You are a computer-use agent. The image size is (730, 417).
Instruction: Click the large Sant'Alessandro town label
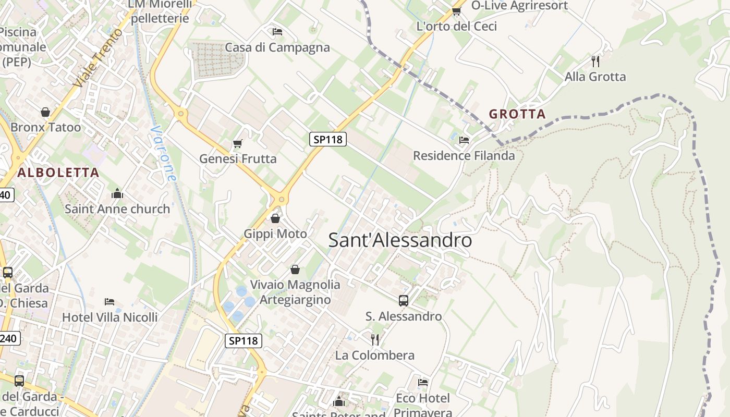(400, 240)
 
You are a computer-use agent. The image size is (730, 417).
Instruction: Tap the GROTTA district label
(517, 114)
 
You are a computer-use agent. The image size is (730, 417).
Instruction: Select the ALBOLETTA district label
(58, 173)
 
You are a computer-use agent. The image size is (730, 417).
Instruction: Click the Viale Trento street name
(98, 57)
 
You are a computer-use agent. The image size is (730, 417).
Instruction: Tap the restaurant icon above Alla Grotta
(595, 62)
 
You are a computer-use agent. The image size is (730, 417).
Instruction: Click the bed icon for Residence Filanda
(464, 140)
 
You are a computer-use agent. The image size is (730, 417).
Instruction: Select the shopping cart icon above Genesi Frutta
(238, 143)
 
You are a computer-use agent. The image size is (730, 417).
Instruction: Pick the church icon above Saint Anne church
(117, 193)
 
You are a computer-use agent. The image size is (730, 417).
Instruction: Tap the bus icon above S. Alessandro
(404, 300)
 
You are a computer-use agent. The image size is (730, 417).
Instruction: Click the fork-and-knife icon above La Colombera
(375, 340)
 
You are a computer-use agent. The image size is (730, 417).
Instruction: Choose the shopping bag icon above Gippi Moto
(275, 218)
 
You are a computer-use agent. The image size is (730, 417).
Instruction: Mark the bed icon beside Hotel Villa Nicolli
(110, 302)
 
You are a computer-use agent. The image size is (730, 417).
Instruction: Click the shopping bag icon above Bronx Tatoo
(45, 112)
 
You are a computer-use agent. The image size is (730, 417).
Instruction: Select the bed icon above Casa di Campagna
(277, 32)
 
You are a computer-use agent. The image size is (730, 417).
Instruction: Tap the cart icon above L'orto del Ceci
(457, 11)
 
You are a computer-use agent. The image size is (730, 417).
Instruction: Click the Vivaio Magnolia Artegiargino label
(295, 292)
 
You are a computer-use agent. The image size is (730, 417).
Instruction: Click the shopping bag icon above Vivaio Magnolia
(295, 269)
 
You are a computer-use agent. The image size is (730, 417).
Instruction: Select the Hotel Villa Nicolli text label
(110, 317)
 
